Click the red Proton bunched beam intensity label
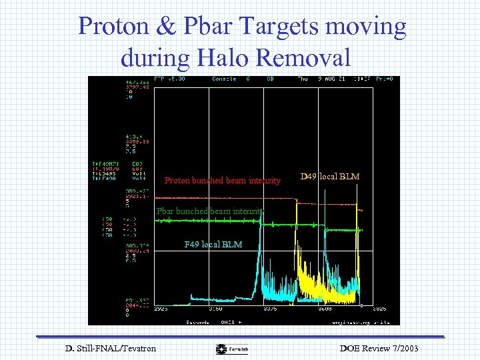pyautogui.click(x=223, y=180)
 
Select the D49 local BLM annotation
pyautogui.click(x=330, y=177)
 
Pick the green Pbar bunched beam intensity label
pyautogui.click(x=210, y=212)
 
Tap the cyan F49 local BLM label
pyautogui.click(x=213, y=245)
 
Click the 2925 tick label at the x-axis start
pyautogui.click(x=162, y=309)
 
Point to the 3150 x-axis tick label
pyautogui.click(x=216, y=309)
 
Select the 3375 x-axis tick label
pyautogui.click(x=271, y=309)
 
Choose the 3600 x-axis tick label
pyautogui.click(x=325, y=309)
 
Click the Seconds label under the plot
pyautogui.click(x=197, y=321)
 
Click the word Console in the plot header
pyautogui.click(x=222, y=79)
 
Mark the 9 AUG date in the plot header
pyautogui.click(x=325, y=79)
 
